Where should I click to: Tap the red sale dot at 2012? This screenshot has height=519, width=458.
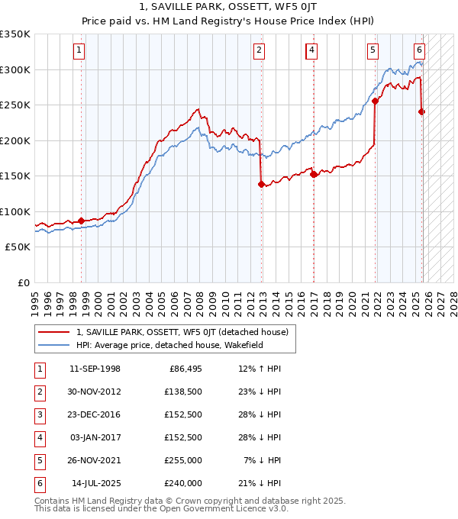coord(261,184)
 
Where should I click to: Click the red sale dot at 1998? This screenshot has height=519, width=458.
coord(82,221)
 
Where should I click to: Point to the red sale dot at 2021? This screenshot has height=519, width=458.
coord(375,100)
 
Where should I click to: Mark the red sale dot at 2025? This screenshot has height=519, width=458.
coord(422,111)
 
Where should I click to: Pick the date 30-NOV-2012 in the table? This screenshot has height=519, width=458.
coord(95,392)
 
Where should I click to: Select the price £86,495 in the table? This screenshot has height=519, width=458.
coord(182,369)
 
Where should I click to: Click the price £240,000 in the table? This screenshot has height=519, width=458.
coord(182,484)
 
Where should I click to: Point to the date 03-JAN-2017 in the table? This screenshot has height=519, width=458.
coord(95,438)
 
